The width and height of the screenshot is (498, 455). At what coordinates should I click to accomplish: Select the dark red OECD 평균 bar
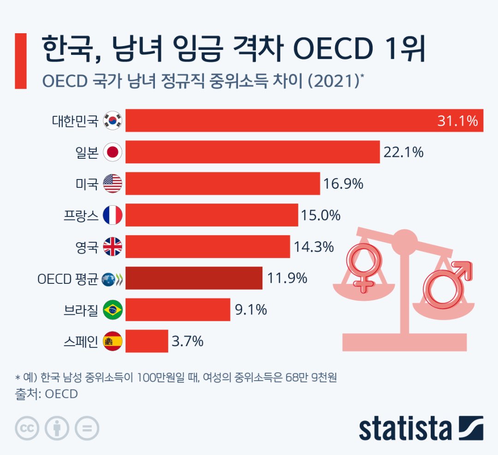coord(194,278)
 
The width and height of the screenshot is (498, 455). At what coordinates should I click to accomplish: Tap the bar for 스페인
coord(147,341)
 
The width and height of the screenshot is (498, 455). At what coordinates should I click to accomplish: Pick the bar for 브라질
coord(178,310)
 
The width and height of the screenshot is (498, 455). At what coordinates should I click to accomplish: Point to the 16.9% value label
coord(344,184)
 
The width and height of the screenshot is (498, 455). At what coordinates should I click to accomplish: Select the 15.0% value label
coord(321,215)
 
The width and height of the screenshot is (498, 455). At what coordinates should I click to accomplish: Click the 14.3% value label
coord(313,247)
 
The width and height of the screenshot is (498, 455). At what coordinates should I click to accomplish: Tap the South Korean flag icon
coord(112,121)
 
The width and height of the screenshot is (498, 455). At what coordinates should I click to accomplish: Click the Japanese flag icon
coord(112,152)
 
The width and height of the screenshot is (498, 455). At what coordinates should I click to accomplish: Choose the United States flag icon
coord(112,184)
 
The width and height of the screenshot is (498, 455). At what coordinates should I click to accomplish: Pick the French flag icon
coord(112,215)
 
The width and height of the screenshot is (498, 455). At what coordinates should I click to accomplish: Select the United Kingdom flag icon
coord(112,247)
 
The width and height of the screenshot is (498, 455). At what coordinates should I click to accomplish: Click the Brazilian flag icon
coord(112,310)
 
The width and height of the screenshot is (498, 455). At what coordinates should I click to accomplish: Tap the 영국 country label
coord(87,247)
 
